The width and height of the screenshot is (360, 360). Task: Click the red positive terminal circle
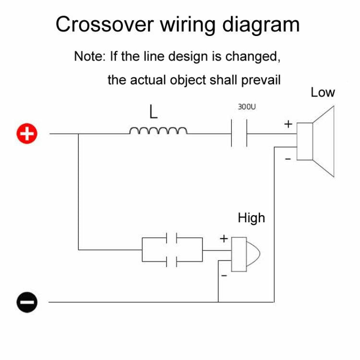(27, 134)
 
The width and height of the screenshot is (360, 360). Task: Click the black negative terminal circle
(27, 302)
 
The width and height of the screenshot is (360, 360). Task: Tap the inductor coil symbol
(158, 131)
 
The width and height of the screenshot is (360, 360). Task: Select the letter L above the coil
(153, 112)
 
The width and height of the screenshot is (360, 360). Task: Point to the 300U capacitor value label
(247, 107)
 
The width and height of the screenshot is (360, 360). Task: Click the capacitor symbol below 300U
(239, 134)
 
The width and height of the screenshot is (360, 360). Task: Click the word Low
(322, 92)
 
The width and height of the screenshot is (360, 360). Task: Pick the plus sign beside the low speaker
(288, 124)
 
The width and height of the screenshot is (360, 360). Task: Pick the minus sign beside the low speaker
(288, 159)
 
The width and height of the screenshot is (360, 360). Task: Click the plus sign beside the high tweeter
(224, 238)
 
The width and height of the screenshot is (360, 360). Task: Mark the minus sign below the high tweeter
(223, 276)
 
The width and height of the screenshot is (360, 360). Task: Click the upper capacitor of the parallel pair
(172, 238)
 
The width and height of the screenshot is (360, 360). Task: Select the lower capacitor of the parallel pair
(172, 262)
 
